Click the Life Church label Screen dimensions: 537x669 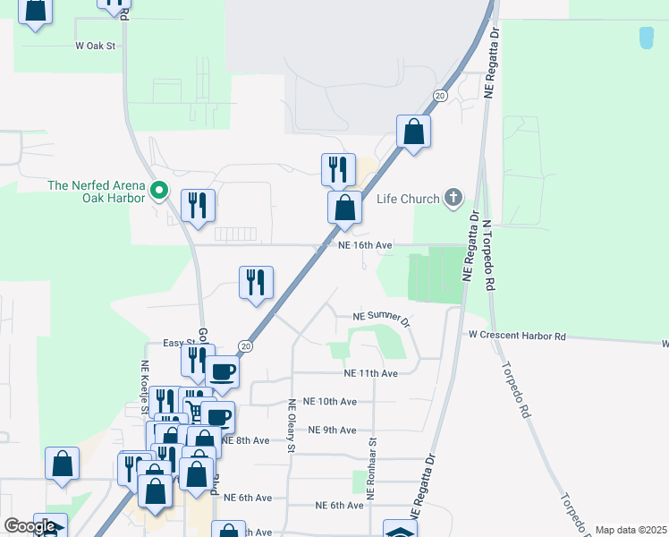click(x=408, y=199)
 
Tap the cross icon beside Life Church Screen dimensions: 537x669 click(x=453, y=198)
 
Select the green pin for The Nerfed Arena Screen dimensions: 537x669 click(x=159, y=190)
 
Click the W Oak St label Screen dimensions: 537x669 click(x=97, y=45)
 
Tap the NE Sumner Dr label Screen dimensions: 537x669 click(x=381, y=318)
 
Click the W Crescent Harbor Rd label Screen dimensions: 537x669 click(x=518, y=336)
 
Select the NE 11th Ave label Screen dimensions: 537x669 click(x=370, y=373)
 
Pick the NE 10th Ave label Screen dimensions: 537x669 click(x=330, y=402)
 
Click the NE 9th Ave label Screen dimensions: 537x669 click(x=332, y=430)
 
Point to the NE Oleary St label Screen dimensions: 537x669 click(x=292, y=426)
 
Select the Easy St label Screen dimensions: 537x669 click(x=179, y=343)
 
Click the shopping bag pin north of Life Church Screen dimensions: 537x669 click(x=413, y=132)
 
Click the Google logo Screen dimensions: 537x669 click(x=30, y=526)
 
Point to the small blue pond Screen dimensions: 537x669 click(x=646, y=38)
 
